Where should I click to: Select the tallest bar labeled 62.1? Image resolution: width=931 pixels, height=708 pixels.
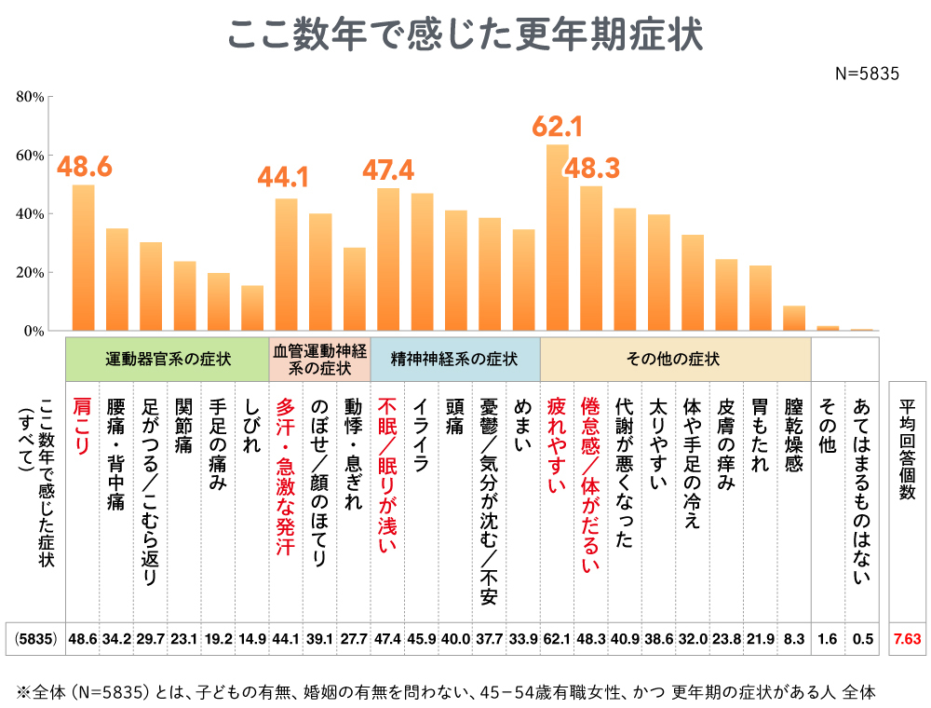[x=557, y=238]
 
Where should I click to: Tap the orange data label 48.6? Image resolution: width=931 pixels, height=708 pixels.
[x=85, y=167]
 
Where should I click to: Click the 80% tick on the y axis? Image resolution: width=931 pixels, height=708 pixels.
[x=32, y=97]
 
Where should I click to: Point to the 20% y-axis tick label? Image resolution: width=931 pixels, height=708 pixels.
[x=32, y=273]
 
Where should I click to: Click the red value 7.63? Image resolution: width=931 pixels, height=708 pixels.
[x=907, y=640]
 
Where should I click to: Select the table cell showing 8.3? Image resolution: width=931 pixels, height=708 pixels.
[x=793, y=640]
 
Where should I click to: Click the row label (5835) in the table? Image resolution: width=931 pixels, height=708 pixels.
[x=36, y=640]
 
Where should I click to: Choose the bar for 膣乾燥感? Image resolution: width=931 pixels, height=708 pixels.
[x=793, y=318]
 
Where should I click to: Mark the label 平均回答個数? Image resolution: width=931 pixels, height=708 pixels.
[x=907, y=447]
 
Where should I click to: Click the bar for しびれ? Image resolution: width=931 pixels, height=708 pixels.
[x=252, y=307]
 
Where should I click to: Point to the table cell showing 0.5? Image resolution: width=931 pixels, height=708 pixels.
[x=862, y=640]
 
